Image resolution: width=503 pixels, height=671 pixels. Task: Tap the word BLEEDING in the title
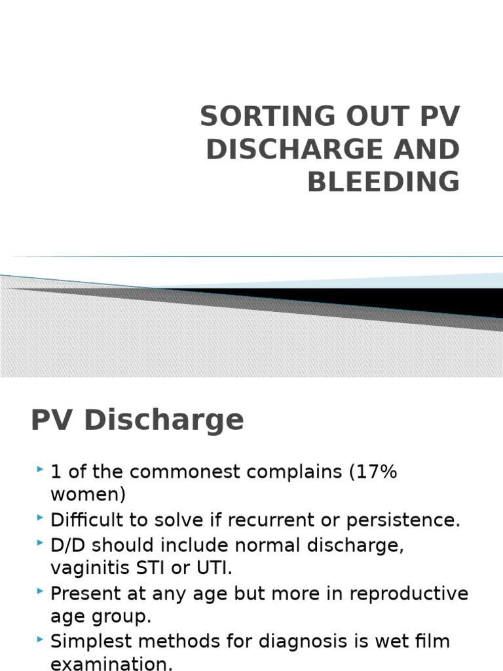(383, 182)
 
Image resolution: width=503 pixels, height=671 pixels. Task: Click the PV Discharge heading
(137, 420)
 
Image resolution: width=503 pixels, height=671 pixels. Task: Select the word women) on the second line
(88, 494)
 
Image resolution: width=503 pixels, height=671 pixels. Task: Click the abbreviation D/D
(67, 545)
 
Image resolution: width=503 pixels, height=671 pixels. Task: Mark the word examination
(111, 664)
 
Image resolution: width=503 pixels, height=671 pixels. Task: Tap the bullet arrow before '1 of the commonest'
(41, 470)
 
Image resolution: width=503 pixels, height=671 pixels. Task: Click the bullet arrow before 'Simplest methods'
(41, 640)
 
